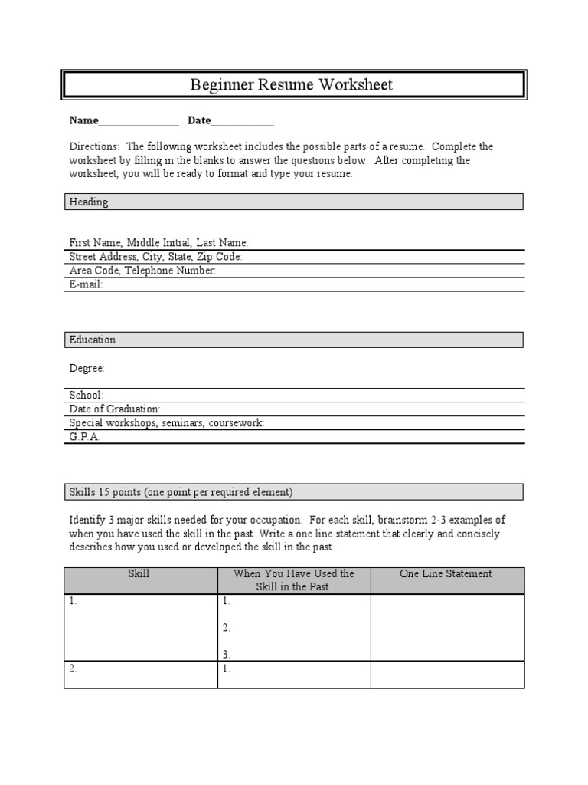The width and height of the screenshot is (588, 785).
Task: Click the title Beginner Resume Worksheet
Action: click(x=291, y=84)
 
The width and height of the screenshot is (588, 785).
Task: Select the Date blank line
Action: click(x=243, y=121)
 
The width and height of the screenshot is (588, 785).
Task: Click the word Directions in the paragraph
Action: click(x=94, y=146)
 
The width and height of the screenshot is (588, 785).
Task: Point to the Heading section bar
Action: click(x=293, y=202)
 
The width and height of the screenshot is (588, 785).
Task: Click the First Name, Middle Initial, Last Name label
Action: click(x=158, y=242)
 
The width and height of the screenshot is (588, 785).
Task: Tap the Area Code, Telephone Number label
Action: click(x=142, y=271)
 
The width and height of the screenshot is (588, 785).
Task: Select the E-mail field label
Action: click(x=86, y=284)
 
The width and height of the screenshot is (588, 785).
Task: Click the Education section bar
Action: click(x=293, y=340)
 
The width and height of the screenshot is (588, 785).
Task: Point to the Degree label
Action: click(x=87, y=369)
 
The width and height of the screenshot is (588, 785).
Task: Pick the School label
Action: click(x=86, y=395)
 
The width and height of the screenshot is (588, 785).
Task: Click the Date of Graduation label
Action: click(x=115, y=409)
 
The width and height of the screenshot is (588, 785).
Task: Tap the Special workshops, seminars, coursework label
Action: click(x=166, y=423)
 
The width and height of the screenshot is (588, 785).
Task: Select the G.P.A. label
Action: click(x=84, y=437)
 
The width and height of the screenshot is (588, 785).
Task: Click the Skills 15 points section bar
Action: click(x=293, y=491)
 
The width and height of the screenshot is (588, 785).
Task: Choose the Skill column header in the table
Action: click(x=140, y=574)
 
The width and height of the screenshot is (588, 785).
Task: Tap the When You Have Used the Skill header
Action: click(x=294, y=580)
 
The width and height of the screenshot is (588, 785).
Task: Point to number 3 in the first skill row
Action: click(x=227, y=655)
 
